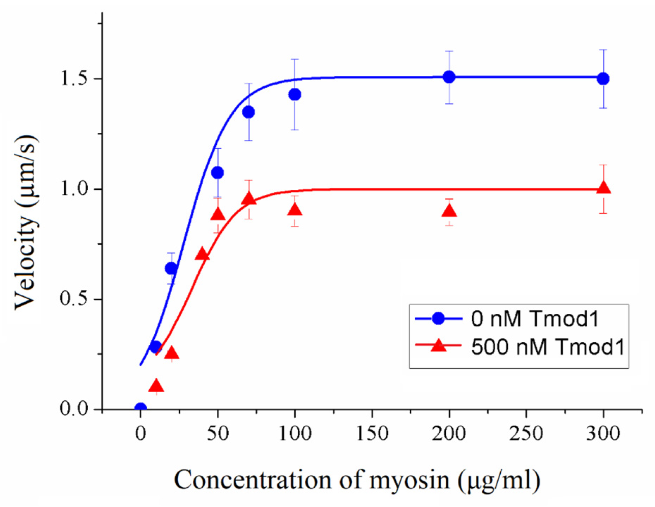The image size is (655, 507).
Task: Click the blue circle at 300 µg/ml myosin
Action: point(603,79)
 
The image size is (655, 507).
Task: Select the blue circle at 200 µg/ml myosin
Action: point(449,77)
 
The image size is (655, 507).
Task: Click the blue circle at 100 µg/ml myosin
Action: point(295,94)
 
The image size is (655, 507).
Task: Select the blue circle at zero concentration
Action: point(141,408)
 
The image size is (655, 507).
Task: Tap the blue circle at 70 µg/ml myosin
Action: point(248,112)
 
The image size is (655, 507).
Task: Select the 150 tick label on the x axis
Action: point(372,433)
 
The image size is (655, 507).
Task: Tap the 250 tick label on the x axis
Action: point(526,433)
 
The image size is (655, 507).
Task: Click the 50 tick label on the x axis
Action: point(218,433)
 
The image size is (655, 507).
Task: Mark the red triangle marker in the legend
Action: point(439,345)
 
